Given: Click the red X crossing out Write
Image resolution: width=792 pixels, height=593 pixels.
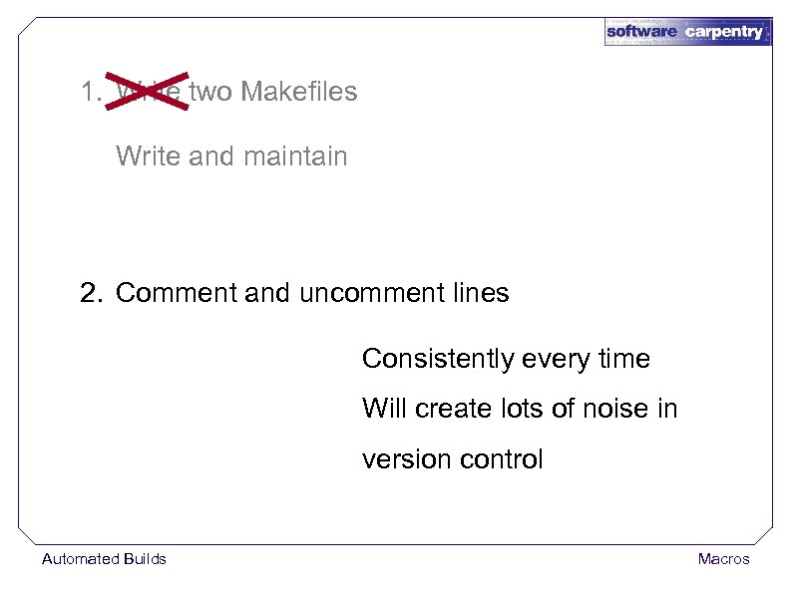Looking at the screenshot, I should pyautogui.click(x=149, y=91).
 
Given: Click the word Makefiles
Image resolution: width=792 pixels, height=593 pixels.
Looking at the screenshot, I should pyautogui.click(x=299, y=92).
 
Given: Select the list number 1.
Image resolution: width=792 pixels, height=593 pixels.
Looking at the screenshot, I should pyautogui.click(x=90, y=92).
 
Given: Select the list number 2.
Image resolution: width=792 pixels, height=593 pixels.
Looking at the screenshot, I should pyautogui.click(x=92, y=294).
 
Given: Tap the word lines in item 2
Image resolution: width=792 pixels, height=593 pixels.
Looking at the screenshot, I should pyautogui.click(x=480, y=294).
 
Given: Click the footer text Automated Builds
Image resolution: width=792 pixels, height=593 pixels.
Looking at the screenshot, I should pyautogui.click(x=104, y=559).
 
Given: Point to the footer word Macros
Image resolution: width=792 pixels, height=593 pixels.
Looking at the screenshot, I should pyautogui.click(x=723, y=559).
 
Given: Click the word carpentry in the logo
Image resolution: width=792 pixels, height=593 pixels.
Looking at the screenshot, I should pyautogui.click(x=724, y=32).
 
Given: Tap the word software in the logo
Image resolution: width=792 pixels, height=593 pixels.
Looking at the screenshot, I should pyautogui.click(x=642, y=32).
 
